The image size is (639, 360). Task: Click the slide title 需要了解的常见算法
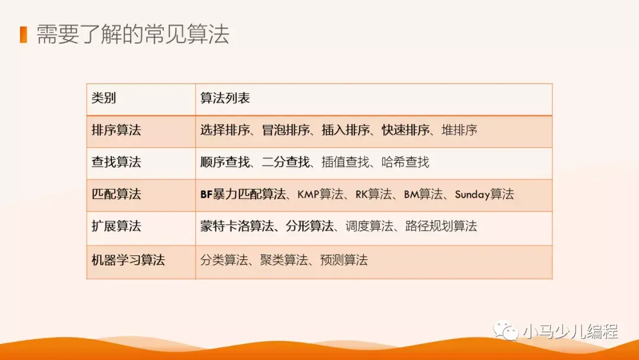133,34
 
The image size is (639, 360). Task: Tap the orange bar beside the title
23,34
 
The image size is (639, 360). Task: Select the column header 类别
104,98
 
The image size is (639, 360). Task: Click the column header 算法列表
225,98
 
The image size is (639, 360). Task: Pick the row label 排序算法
116,130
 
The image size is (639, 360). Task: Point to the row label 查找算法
116,162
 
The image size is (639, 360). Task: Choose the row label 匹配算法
116,194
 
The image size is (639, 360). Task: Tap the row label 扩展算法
116,226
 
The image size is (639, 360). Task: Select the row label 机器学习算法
128,259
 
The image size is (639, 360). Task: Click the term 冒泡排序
286,130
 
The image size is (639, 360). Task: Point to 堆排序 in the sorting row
459,130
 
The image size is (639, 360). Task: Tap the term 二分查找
286,162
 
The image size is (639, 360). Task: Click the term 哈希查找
405,162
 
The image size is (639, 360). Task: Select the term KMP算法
320,194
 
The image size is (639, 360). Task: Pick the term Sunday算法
484,194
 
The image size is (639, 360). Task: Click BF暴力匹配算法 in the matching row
243,194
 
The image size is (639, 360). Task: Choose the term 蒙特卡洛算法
237,226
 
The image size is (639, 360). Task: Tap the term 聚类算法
284,259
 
